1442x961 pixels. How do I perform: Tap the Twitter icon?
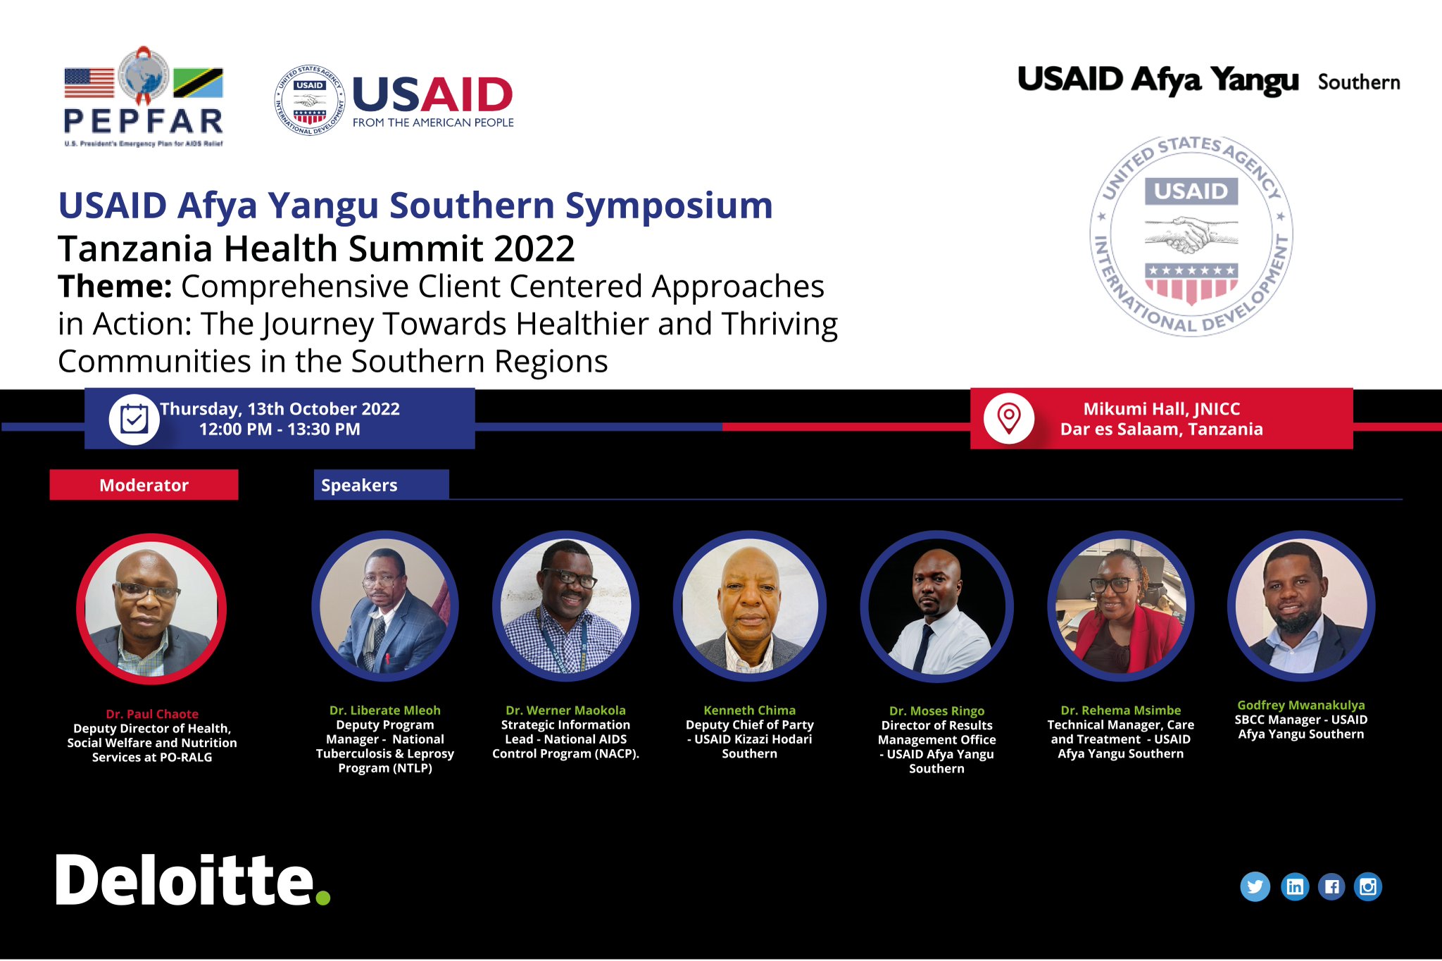coord(1255,886)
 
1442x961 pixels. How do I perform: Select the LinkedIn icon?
coord(1294,886)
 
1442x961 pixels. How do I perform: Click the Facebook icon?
coord(1331,886)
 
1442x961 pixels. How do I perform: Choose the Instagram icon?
coord(1368,886)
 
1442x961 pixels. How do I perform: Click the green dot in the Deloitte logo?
coord(323,897)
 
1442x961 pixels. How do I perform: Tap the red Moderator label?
coord(144,485)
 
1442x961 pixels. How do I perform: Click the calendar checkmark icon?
coord(134,420)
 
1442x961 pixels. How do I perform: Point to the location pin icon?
coord(1009,417)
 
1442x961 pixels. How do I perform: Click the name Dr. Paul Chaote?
coord(152,714)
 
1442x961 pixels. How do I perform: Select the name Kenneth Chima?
coord(749,710)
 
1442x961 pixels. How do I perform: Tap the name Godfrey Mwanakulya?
coord(1300,705)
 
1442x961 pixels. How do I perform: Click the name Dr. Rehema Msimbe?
coord(1120,710)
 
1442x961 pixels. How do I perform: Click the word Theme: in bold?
coord(115,287)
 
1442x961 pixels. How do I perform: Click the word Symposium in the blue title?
coord(669,206)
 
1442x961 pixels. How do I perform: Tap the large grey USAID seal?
coord(1191,236)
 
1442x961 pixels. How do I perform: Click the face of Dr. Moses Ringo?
coord(936,588)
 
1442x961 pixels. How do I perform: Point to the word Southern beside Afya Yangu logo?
coord(1358,82)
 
